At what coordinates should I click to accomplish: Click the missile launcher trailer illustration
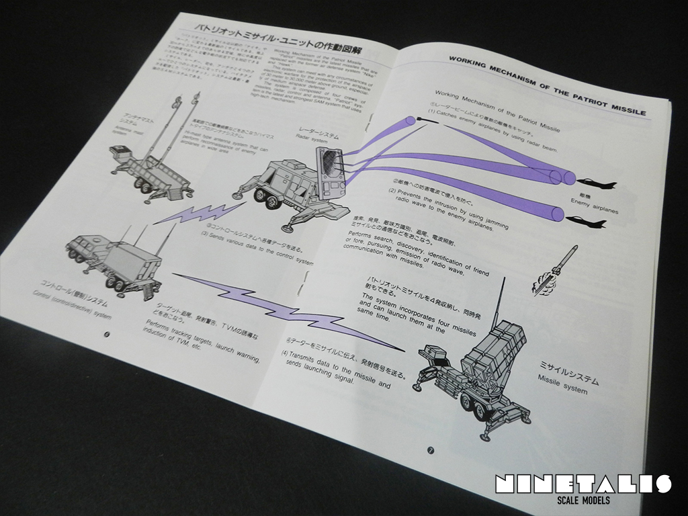click(480, 376)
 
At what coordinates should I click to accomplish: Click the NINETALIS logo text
click(582, 484)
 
